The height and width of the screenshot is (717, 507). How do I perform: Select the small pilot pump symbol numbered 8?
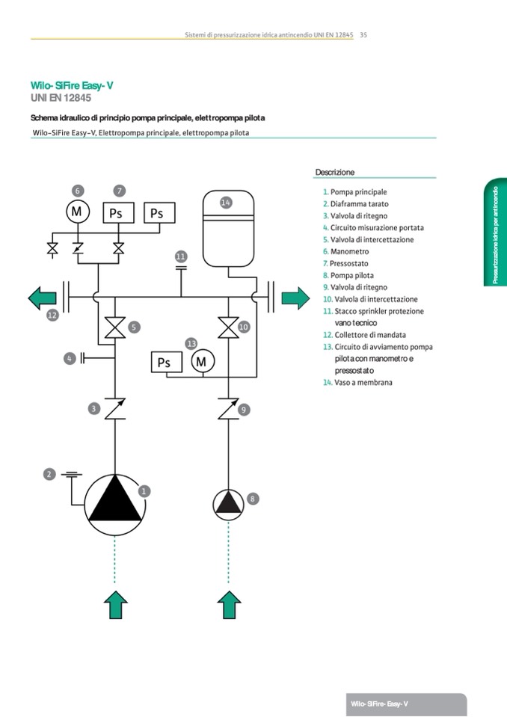pos(228,505)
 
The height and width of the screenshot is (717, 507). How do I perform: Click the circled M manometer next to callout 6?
pos(76,212)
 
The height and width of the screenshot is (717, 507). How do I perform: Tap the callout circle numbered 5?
pos(134,327)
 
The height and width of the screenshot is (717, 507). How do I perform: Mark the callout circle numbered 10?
pos(244,327)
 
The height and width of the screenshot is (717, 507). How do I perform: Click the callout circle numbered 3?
pos(94,408)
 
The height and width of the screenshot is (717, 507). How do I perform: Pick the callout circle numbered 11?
pos(180,256)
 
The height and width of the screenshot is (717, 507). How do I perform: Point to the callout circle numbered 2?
pos(49,473)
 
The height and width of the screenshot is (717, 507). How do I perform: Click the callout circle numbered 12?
pos(52,316)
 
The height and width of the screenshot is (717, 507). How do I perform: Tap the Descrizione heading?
pos(335,172)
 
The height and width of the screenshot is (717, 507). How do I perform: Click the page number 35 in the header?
pos(363,34)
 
